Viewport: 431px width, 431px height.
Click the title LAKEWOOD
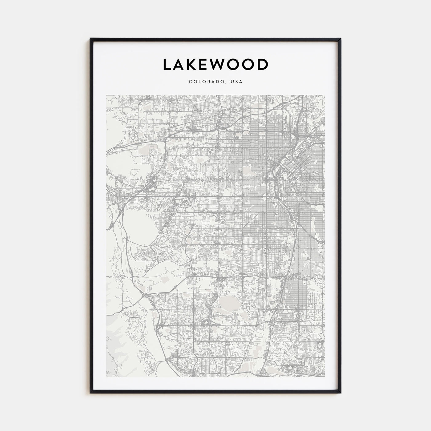point(216,65)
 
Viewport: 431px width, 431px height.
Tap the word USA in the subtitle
point(237,82)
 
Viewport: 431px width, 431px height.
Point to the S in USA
point(237,82)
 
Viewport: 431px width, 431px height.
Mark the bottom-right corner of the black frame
point(340,393)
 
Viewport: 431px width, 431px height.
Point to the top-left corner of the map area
point(106,95)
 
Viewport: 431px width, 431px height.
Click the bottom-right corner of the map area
point(324,377)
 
